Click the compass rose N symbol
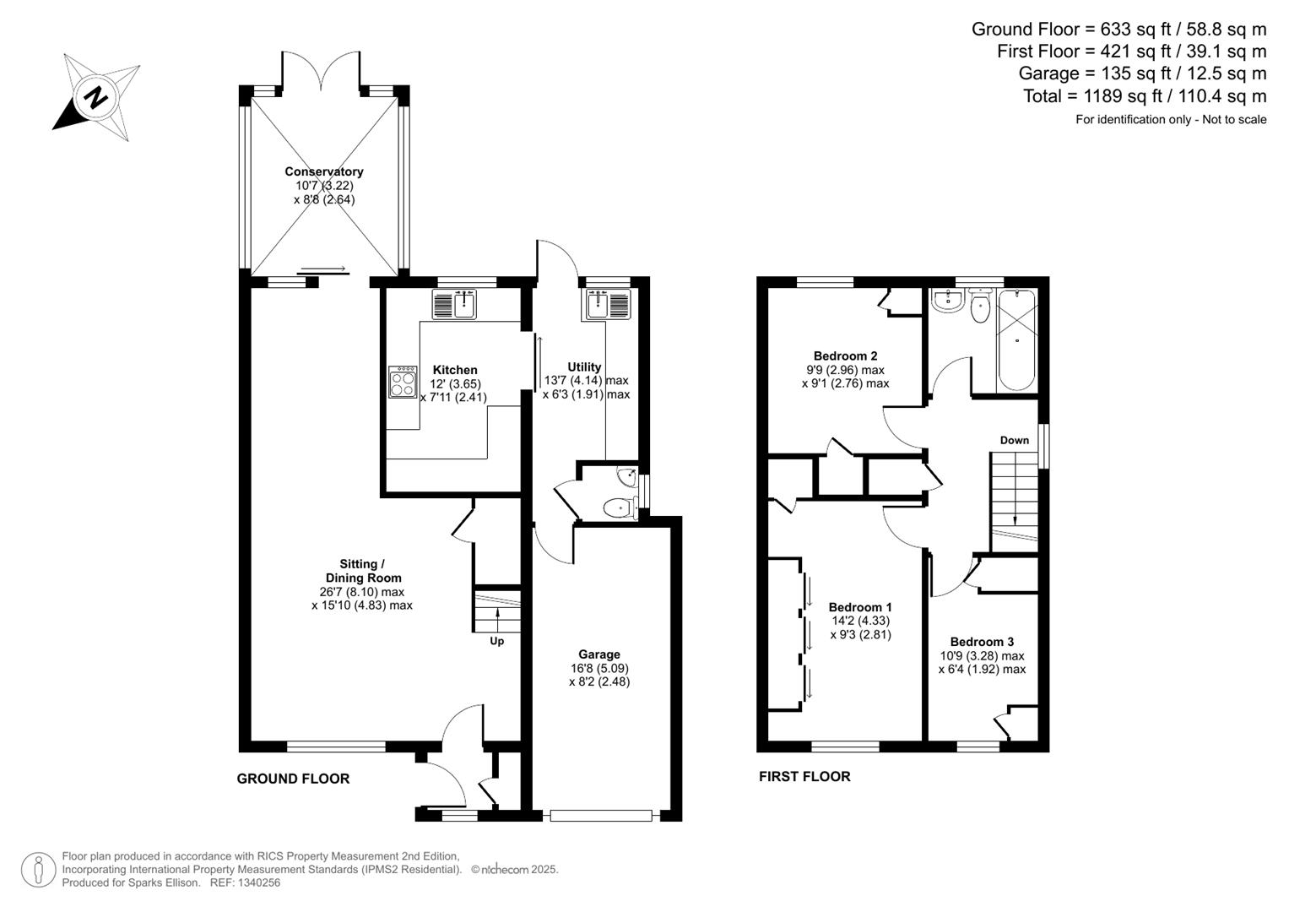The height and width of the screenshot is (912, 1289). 95,97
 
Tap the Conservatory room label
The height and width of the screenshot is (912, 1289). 324,171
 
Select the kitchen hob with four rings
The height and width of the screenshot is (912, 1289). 403,382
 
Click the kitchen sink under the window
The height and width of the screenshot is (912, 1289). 455,304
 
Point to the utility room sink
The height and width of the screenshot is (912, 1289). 609,304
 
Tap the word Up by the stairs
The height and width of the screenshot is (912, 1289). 496,641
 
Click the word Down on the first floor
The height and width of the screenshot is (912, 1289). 1014,441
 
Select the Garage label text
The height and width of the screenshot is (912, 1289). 599,654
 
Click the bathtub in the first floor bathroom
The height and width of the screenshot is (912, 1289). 1017,340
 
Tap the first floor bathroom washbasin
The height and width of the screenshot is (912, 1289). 946,301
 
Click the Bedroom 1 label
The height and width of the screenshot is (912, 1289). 859,607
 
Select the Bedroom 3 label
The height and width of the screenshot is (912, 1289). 982,642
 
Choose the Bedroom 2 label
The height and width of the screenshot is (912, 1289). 845,356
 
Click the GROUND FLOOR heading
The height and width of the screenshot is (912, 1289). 293,779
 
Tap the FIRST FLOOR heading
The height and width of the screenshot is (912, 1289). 804,776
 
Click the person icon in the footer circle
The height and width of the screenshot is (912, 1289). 39,870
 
